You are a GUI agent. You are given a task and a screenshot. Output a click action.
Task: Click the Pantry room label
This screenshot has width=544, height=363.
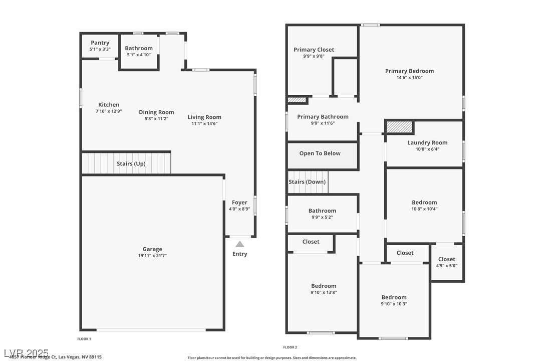(x=100, y=43)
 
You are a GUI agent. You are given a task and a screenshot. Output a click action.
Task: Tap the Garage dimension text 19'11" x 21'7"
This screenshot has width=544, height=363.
(x=152, y=256)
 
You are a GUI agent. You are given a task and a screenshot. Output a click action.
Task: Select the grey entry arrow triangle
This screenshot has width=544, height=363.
(x=240, y=244)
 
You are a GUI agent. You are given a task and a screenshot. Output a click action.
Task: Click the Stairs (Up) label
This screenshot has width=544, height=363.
(x=131, y=164)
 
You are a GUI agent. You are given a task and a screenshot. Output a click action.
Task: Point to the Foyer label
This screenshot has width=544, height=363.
(x=239, y=203)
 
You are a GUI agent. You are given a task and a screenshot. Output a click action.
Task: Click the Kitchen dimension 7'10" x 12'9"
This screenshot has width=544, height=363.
(x=109, y=111)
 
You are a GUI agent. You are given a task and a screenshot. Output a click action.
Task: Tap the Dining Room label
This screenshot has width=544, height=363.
(x=156, y=112)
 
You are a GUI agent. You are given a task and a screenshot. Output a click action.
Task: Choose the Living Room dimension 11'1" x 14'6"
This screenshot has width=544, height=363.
(x=204, y=123)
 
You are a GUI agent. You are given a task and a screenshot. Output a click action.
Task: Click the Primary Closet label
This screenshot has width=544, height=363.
(x=314, y=50)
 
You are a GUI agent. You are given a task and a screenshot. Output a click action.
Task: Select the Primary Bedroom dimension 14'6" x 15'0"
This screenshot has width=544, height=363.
(x=409, y=78)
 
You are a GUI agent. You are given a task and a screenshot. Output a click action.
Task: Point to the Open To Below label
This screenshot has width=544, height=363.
(x=320, y=153)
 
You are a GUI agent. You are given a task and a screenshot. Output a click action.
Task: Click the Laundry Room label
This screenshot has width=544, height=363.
(x=427, y=142)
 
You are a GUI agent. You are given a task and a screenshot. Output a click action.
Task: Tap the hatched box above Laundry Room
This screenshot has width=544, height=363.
(x=399, y=127)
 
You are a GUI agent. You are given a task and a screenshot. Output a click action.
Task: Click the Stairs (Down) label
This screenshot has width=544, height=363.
(x=307, y=182)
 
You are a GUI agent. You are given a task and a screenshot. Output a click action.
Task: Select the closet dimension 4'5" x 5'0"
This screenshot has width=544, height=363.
(x=446, y=266)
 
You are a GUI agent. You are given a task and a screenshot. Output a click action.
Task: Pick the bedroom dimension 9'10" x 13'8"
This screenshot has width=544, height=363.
(x=324, y=292)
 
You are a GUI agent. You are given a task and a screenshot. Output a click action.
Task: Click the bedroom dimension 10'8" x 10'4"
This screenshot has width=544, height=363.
(x=424, y=209)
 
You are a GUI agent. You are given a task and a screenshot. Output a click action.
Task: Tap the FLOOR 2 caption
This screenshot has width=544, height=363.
(x=290, y=347)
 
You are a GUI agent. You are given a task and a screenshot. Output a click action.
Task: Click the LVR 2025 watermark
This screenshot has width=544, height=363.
(x=26, y=353)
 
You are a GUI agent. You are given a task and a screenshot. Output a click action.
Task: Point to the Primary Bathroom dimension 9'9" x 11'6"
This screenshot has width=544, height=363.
(x=323, y=123)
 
